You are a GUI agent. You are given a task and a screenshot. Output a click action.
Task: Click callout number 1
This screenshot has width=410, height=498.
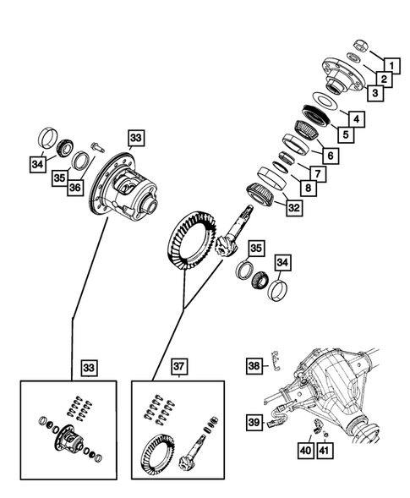point(391,63)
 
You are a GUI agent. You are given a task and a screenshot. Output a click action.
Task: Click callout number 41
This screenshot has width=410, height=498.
point(324,452)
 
